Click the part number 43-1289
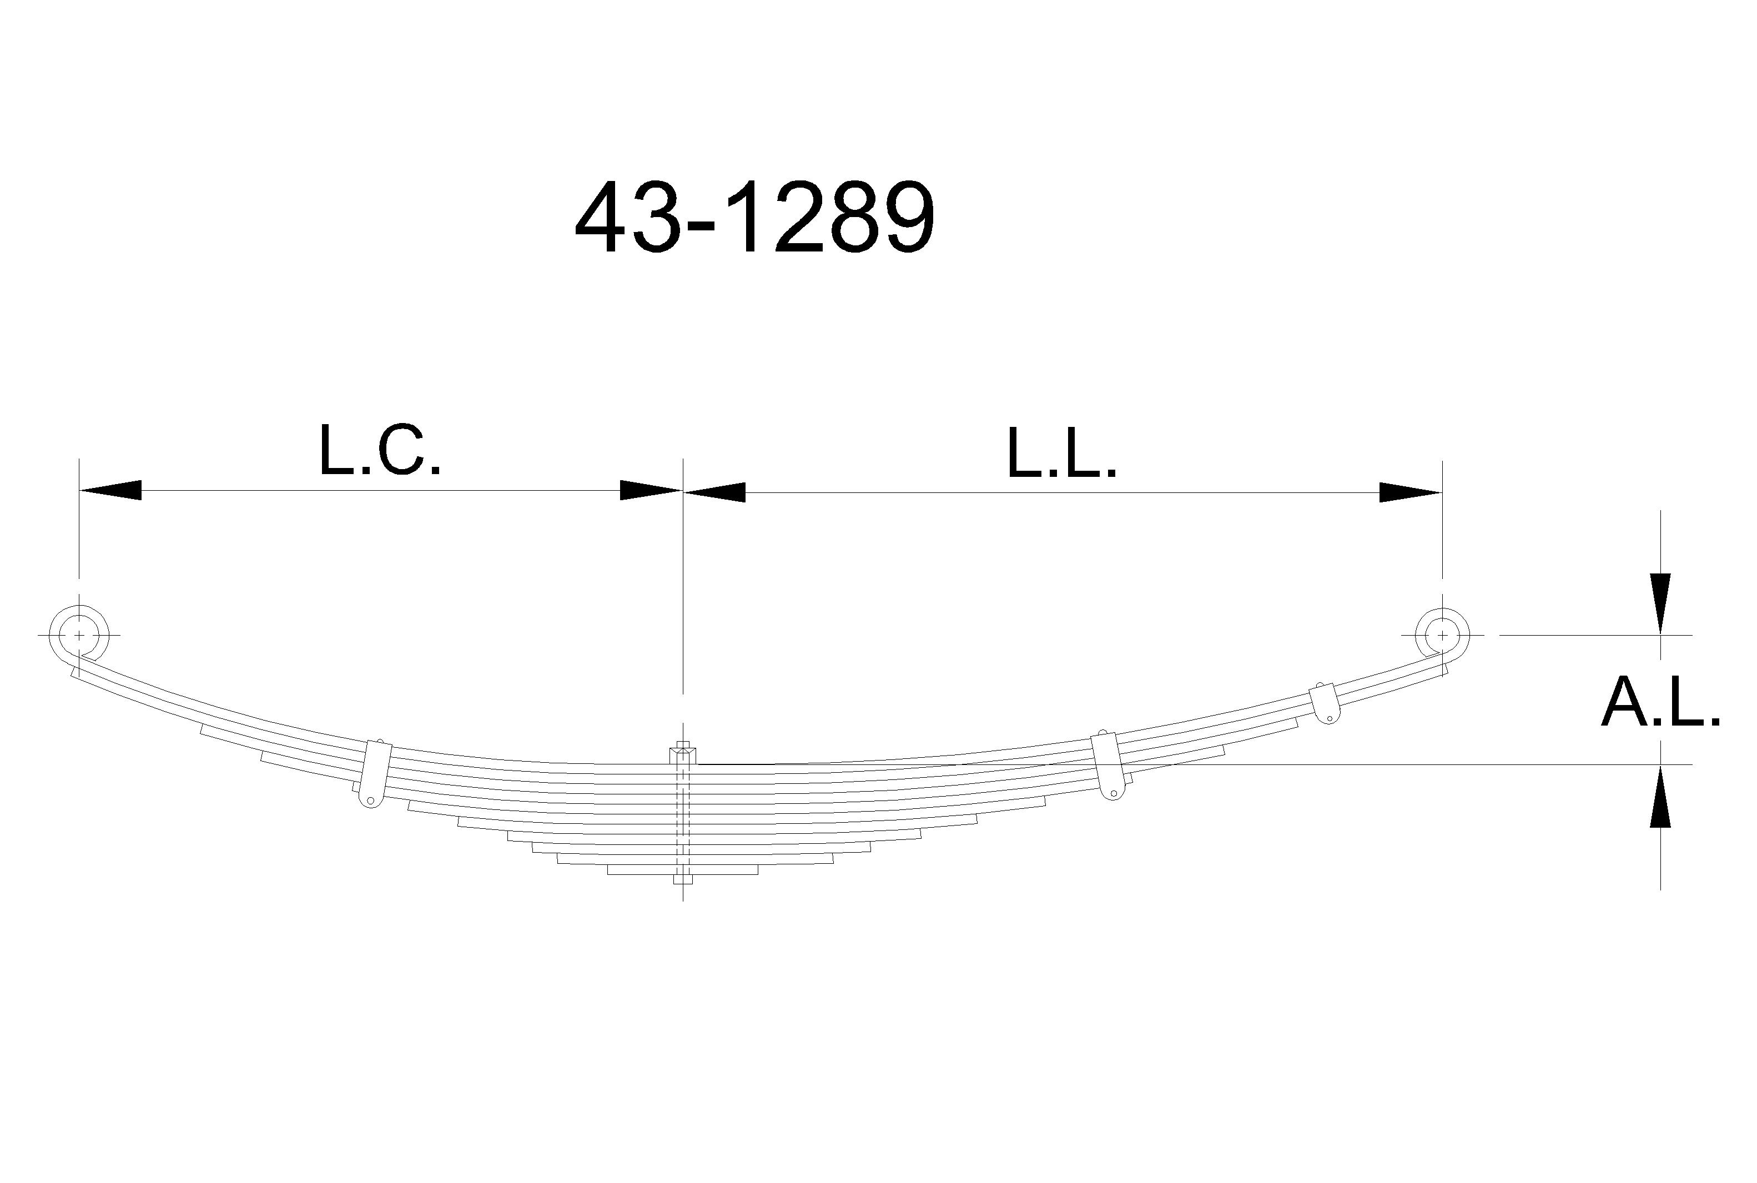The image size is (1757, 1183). tap(754, 219)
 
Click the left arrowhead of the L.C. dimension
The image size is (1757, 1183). tap(110, 490)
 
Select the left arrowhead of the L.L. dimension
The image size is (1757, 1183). tap(714, 492)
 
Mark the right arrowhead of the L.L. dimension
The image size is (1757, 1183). tap(1411, 492)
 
